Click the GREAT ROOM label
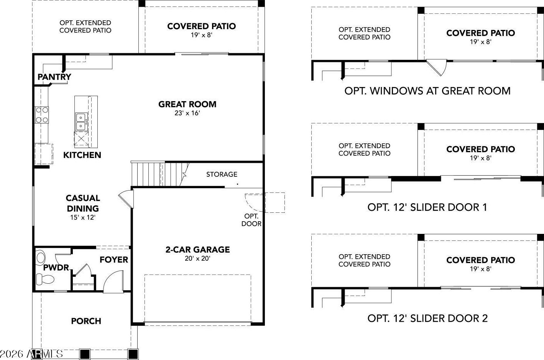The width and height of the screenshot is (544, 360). pyautogui.click(x=187, y=104)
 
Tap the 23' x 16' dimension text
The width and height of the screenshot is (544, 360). pyautogui.click(x=187, y=113)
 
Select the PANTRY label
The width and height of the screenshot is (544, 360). pyautogui.click(x=54, y=77)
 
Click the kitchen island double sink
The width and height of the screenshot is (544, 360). pyautogui.click(x=81, y=122)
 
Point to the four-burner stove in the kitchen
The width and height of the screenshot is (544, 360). pyautogui.click(x=41, y=115)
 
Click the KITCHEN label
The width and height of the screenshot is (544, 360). pyautogui.click(x=82, y=155)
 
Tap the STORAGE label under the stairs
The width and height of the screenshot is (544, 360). pyautogui.click(x=222, y=174)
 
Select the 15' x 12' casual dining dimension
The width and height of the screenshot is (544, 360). pyautogui.click(x=83, y=217)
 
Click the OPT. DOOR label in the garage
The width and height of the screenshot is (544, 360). pyautogui.click(x=251, y=220)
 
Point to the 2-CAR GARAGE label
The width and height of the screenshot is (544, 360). pyautogui.click(x=198, y=250)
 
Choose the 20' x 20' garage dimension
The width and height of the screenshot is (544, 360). pyautogui.click(x=197, y=258)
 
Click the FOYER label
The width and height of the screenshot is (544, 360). pyautogui.click(x=113, y=260)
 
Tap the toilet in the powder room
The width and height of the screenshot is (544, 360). pyautogui.click(x=45, y=279)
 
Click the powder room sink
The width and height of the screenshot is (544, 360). pyautogui.click(x=41, y=258)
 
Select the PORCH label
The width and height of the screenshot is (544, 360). pyautogui.click(x=86, y=321)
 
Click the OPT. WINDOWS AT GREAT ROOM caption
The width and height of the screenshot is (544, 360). pyautogui.click(x=427, y=91)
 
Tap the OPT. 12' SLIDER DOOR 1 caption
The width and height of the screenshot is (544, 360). pyautogui.click(x=427, y=207)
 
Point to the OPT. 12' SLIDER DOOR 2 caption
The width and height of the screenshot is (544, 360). pyautogui.click(x=427, y=318)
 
